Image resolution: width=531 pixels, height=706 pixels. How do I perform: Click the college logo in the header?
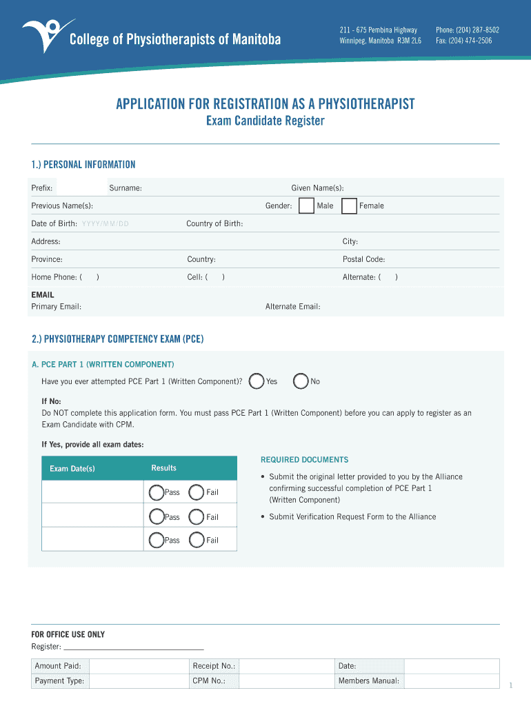42,34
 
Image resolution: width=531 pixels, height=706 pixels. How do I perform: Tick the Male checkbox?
305,205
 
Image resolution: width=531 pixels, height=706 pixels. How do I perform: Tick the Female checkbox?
349,205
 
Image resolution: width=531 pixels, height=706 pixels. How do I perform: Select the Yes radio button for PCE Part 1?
257,381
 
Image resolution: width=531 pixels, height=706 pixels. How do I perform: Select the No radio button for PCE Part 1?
301,381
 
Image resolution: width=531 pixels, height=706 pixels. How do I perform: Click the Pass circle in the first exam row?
157,492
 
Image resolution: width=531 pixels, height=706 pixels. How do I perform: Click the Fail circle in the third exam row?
197,540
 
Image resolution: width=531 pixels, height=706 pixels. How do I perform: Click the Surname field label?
126,188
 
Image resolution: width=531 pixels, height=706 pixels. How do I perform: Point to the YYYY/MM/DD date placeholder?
105,224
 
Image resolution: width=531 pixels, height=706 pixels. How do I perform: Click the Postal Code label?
363,260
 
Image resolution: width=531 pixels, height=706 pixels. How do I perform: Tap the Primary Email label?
56,307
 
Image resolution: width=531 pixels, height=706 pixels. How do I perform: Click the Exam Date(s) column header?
72,469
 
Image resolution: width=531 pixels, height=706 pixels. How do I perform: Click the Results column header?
163,468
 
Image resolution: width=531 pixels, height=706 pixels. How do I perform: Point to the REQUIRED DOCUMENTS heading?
304,460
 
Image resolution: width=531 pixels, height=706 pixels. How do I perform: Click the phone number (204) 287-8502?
467,30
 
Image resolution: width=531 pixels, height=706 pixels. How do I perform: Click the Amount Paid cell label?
58,666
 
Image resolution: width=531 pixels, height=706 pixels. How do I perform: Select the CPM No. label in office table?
209,681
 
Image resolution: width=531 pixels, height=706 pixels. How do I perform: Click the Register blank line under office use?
134,647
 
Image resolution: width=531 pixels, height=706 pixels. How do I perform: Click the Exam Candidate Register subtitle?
265,121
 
